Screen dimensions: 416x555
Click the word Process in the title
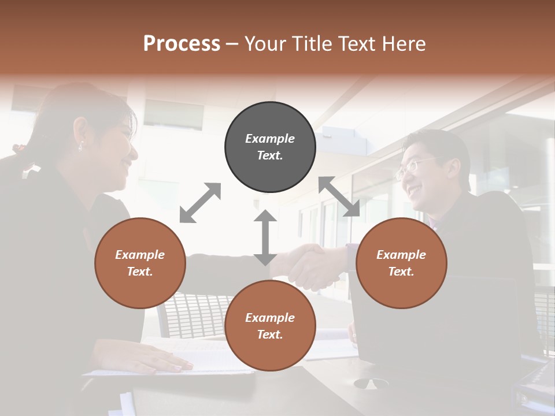182,44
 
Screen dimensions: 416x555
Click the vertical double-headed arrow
265,238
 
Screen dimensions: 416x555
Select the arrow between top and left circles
200,203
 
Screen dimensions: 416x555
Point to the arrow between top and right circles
339,196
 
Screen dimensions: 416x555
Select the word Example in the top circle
270,139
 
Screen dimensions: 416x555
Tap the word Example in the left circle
140,255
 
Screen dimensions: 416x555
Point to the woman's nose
134,151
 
